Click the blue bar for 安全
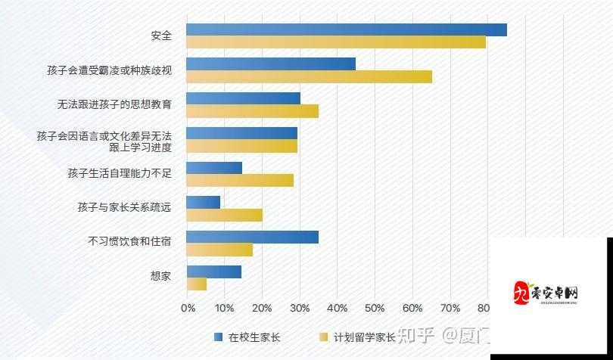[346, 29]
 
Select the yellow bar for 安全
[335, 42]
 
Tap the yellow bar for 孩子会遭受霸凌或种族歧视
[309, 76]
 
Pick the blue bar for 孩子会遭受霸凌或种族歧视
[270, 64]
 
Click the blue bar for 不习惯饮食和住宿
[252, 237]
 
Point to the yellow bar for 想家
[196, 284]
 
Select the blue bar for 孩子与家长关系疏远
[203, 202]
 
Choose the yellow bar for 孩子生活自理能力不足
[239, 180]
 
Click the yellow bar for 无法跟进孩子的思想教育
[252, 111]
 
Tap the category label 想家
[160, 276]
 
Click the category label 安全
[160, 36]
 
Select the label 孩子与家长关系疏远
[124, 207]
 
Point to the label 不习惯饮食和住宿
[129, 242]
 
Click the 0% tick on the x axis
[188, 308]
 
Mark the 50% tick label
[375, 308]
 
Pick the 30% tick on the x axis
[300, 308]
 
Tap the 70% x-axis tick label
[450, 308]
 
